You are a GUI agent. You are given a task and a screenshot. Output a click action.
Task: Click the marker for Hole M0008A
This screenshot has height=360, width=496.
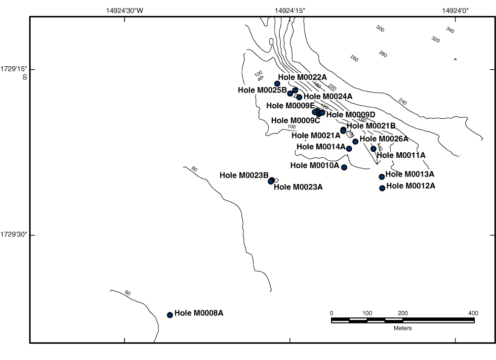point(170,315)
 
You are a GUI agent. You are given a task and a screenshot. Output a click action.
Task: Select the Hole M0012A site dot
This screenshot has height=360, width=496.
point(382,188)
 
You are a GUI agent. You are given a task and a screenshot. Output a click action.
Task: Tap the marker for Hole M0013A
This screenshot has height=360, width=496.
point(381,177)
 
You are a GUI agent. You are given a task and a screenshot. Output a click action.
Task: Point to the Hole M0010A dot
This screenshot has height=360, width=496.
point(344,167)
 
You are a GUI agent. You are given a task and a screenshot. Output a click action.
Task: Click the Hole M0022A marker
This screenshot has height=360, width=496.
point(277,84)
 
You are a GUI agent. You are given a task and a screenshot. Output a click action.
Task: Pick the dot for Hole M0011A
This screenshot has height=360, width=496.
point(373,149)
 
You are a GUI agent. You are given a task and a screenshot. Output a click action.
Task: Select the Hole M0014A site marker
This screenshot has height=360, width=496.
point(349,148)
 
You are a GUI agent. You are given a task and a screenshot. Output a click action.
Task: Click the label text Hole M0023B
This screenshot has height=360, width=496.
point(244,175)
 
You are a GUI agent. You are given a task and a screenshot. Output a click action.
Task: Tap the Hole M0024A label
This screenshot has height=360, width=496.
point(328,96)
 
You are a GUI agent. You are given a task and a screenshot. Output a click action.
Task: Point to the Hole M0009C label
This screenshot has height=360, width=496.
point(295,120)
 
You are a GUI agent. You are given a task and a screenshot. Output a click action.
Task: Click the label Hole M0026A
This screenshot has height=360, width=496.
point(384,138)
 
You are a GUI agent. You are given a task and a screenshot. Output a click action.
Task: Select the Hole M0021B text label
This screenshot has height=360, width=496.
point(371,126)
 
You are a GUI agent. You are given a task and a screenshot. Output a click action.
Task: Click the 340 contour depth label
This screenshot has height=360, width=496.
point(450,30)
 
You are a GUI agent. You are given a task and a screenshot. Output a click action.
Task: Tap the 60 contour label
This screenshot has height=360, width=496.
point(127,293)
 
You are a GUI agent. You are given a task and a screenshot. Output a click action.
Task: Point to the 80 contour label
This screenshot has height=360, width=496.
point(194,169)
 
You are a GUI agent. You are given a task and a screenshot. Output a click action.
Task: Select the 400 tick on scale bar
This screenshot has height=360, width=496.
point(473,313)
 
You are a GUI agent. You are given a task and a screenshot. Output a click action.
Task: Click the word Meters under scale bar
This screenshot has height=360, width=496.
point(403,328)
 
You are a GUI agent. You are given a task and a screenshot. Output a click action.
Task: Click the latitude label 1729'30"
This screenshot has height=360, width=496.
point(14,234)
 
